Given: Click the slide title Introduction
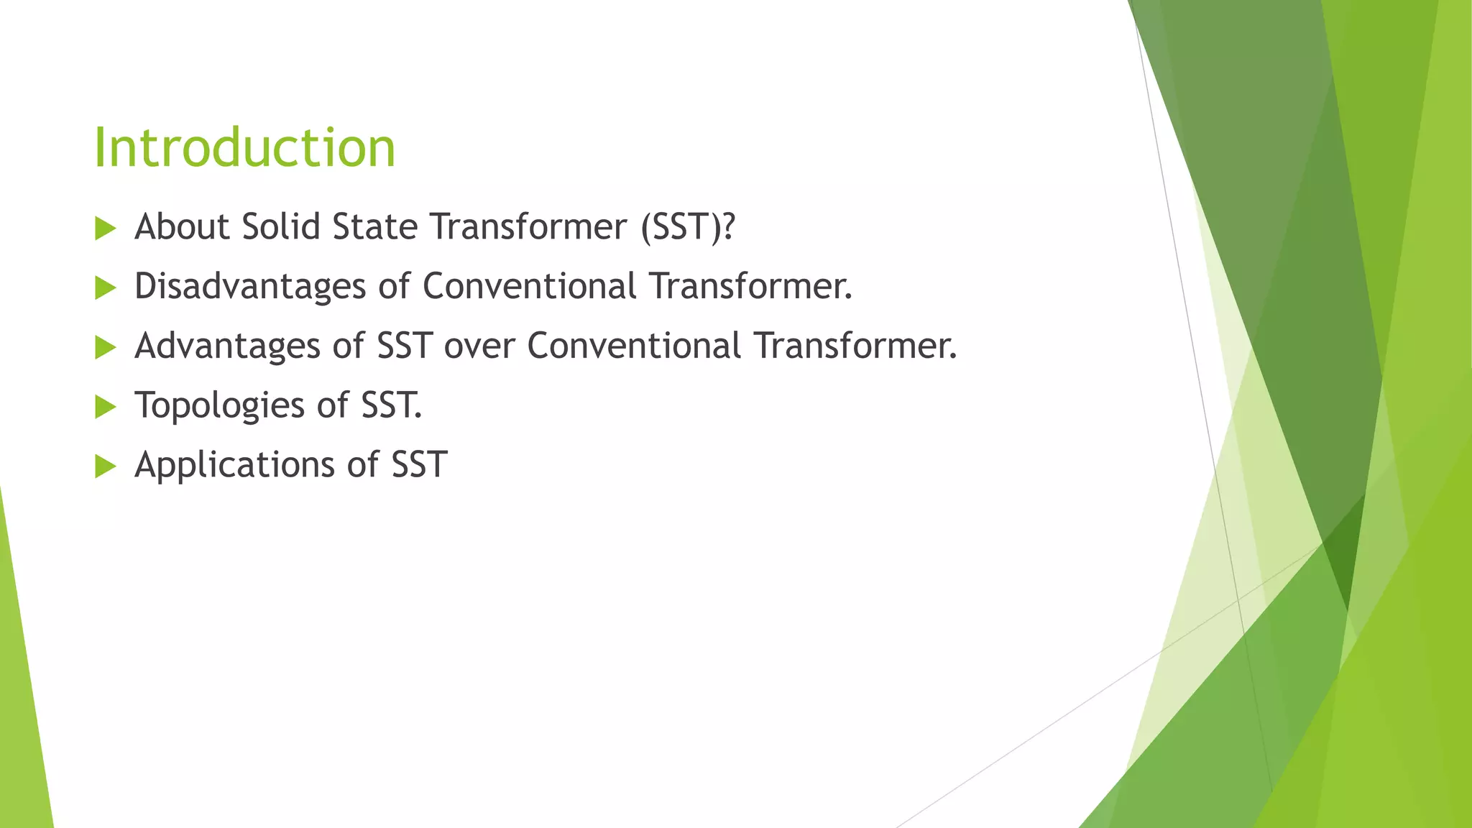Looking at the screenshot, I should pyautogui.click(x=244, y=147).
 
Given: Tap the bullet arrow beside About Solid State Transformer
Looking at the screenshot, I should pyautogui.click(x=105, y=229).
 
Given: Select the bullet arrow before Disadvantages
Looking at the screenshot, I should pyautogui.click(x=105, y=289).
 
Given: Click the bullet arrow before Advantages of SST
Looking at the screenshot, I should pyautogui.click(x=105, y=349).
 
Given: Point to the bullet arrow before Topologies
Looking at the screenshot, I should pyautogui.click(x=105, y=408).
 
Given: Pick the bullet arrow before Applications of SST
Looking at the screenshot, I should pyautogui.click(x=105, y=467).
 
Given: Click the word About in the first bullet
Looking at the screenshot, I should pyautogui.click(x=182, y=226).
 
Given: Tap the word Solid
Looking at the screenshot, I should pyautogui.click(x=280, y=226).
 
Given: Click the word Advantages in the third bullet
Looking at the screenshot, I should pyautogui.click(x=227, y=346).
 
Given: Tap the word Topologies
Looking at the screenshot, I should pyautogui.click(x=219, y=406).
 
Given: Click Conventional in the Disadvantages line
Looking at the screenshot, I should pyautogui.click(x=529, y=286).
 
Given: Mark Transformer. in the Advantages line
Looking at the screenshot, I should pyautogui.click(x=855, y=346).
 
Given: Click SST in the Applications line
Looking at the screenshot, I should pyautogui.click(x=420, y=464).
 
